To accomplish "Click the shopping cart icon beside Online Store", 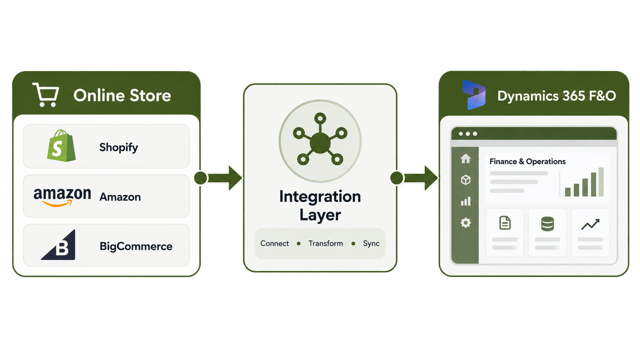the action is click(x=46, y=95).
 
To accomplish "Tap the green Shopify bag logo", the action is click(x=61, y=146).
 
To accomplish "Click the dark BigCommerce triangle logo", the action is click(x=59, y=245).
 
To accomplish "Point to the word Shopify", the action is click(x=119, y=148).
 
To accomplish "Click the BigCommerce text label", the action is click(x=136, y=246).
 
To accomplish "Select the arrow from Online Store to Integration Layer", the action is click(x=218, y=178).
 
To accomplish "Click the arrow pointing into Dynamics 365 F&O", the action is click(x=414, y=178).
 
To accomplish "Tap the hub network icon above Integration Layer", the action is click(x=320, y=141).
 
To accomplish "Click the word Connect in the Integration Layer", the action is click(x=274, y=244).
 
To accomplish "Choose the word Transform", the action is click(x=326, y=244).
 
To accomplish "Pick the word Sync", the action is click(x=371, y=244).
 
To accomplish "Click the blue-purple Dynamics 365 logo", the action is click(x=474, y=95).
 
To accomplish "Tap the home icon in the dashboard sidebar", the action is click(x=466, y=158).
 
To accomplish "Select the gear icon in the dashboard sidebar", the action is click(x=466, y=223).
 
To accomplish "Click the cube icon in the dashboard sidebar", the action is click(x=466, y=180).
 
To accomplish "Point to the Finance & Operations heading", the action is click(x=527, y=161).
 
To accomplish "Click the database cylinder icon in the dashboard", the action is click(x=547, y=223).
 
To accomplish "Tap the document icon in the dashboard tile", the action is click(x=505, y=223).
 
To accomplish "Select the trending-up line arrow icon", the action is click(x=590, y=224).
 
